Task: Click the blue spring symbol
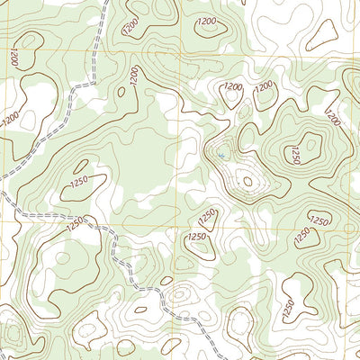220,155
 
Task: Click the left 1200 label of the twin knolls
233,86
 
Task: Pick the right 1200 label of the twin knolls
265,86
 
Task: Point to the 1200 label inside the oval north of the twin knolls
208,21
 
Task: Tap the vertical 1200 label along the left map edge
14,56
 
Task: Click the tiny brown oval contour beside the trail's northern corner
119,90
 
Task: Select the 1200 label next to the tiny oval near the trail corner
134,80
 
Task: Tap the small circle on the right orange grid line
350,229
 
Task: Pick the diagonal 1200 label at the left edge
12,117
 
